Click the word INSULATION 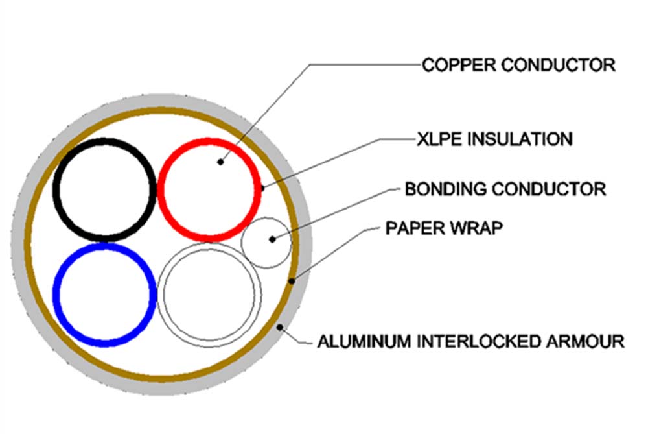[520, 139]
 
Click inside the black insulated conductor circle [104, 189]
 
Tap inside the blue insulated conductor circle [104, 295]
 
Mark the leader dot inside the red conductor [221, 162]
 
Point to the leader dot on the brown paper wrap [292, 282]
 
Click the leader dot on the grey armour [280, 328]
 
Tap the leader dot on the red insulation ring [262, 188]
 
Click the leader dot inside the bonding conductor [272, 239]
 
